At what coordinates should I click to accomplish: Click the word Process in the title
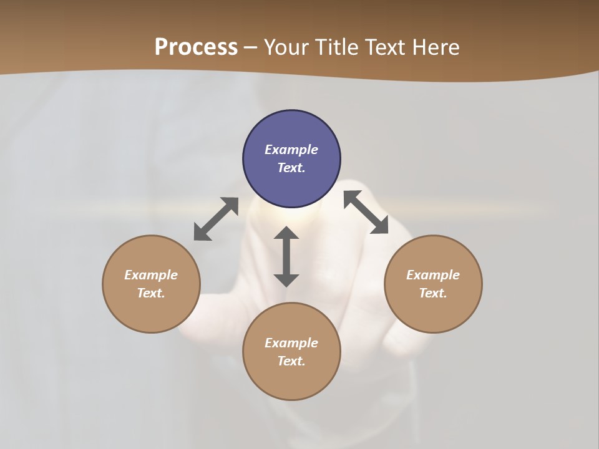196,47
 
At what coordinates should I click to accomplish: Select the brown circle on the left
151,312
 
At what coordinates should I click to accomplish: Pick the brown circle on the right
433,312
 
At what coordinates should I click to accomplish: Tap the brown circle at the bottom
291,380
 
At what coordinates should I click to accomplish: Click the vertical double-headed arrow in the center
286,257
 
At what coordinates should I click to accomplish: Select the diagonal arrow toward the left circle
216,219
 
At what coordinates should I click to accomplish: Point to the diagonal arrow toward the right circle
366,212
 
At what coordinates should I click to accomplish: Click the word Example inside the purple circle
291,150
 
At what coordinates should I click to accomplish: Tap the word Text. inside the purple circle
291,168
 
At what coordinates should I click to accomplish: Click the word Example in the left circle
151,275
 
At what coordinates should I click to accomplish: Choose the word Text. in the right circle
433,293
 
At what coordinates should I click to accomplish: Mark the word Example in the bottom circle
291,343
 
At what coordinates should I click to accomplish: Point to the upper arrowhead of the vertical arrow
286,234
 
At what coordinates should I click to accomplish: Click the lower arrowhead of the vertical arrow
286,280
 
